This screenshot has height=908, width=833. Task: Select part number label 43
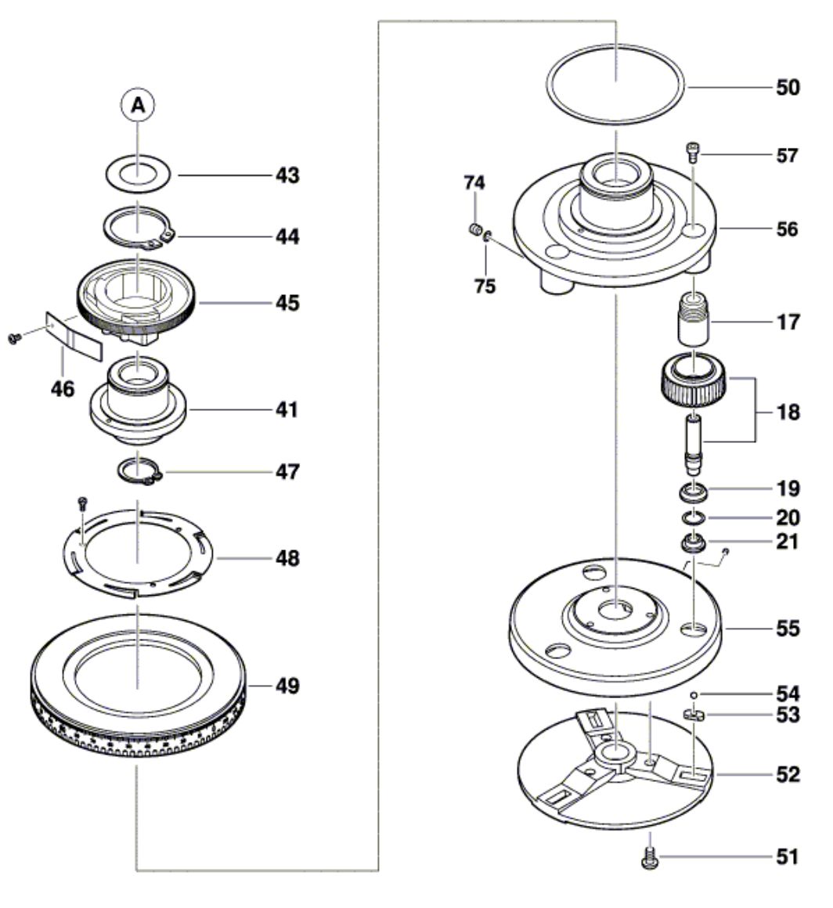click(286, 175)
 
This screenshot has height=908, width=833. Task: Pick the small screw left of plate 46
click(13, 337)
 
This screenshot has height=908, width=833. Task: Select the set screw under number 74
click(473, 229)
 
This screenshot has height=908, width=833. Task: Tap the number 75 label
click(485, 286)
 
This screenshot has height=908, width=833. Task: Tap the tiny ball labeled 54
click(694, 694)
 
